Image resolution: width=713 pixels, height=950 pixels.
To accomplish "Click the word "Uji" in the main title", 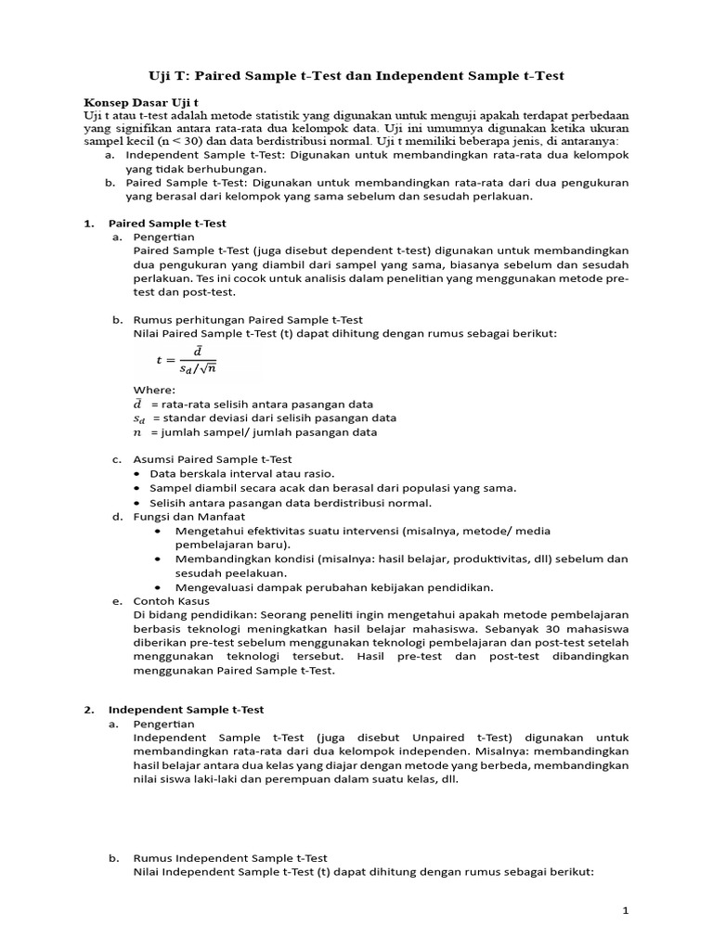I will click(163, 75).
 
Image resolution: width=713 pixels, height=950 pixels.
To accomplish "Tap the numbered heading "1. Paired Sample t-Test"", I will click(167, 224).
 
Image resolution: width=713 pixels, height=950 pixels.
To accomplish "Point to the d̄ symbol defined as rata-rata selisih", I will click(137, 404).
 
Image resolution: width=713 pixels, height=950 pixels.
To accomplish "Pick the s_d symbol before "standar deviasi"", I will click(139, 418).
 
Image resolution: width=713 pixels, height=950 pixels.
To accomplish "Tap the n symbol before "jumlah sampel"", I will click(137, 432).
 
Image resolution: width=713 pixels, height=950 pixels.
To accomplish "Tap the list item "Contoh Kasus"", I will click(172, 601).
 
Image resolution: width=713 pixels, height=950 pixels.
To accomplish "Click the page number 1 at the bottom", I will click(627, 911).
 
